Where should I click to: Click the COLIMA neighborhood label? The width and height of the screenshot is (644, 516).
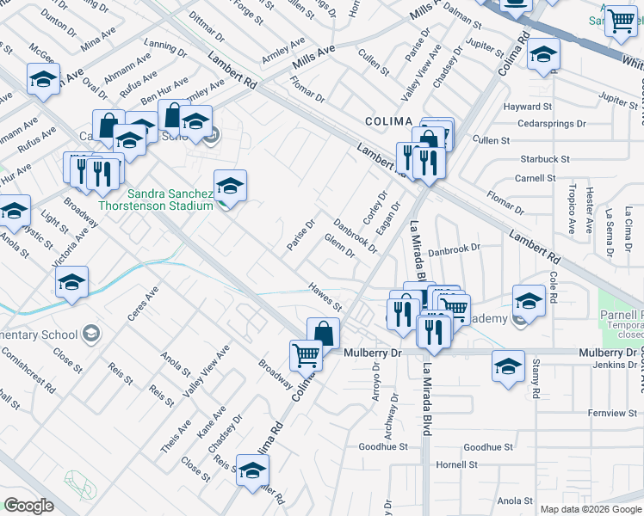point(389,121)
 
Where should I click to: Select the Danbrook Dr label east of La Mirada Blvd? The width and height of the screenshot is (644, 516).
point(453,249)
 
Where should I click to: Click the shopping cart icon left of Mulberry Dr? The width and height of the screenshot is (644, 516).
point(306,353)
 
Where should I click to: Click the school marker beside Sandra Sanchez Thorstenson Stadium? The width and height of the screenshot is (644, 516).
point(230,185)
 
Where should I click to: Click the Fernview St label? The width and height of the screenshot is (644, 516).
point(611,414)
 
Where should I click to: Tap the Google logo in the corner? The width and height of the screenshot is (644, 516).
point(29,506)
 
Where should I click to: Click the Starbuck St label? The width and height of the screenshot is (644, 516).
point(545,159)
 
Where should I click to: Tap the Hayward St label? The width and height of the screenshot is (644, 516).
point(527,107)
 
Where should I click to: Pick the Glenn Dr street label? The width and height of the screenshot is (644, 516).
point(340,245)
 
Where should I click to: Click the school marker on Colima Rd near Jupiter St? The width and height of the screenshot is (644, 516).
point(543,54)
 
